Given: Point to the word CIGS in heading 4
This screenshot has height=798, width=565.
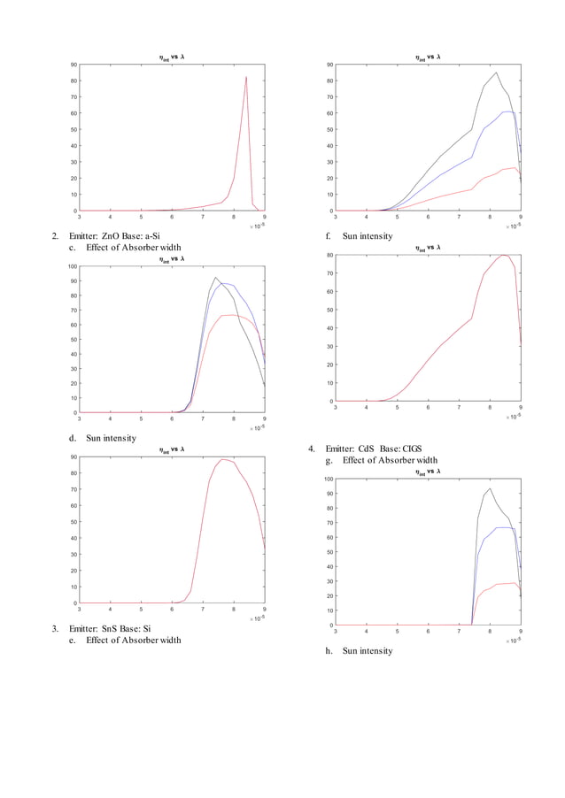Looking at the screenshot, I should coord(417,449).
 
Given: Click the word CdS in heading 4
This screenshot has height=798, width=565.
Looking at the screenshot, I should coord(369,449).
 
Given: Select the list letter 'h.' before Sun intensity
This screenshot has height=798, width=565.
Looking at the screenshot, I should coord(329,651).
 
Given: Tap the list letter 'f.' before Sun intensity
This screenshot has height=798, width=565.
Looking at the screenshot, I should coord(329,236).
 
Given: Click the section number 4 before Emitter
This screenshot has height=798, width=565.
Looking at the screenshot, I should coord(311,449).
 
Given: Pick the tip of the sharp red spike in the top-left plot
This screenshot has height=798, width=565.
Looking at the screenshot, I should coord(246,77).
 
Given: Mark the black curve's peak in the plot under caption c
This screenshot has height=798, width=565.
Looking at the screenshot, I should coord(215,278).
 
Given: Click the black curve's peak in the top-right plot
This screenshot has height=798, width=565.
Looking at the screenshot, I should coord(496,73).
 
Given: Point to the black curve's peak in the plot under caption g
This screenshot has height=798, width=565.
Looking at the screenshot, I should coord(490,488).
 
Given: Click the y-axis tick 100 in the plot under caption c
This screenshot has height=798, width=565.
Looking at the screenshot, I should coord(71,265).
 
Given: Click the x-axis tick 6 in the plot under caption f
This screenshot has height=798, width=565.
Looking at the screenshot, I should coord(428,409).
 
